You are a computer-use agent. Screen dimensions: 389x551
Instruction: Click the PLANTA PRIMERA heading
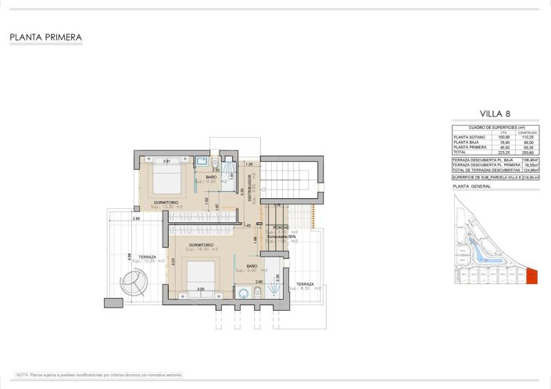click(45, 37)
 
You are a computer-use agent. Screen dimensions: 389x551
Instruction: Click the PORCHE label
click(281, 227)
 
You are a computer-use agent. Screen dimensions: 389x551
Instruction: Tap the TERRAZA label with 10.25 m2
click(147, 257)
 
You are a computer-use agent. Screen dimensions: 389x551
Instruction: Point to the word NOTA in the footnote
click(22, 375)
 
